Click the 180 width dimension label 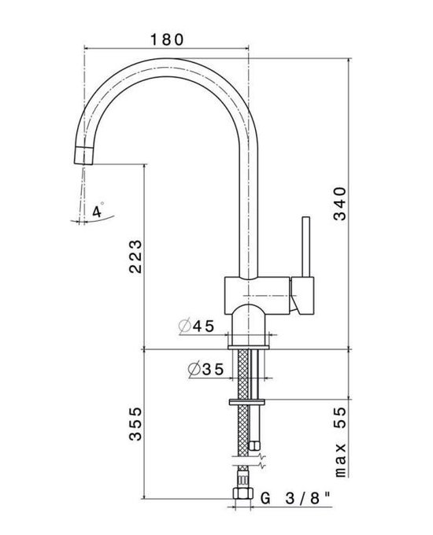tap(166, 37)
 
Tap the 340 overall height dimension tap(341, 207)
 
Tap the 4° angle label tap(98, 211)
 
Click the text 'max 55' tap(341, 443)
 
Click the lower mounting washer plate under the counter tap(247, 402)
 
